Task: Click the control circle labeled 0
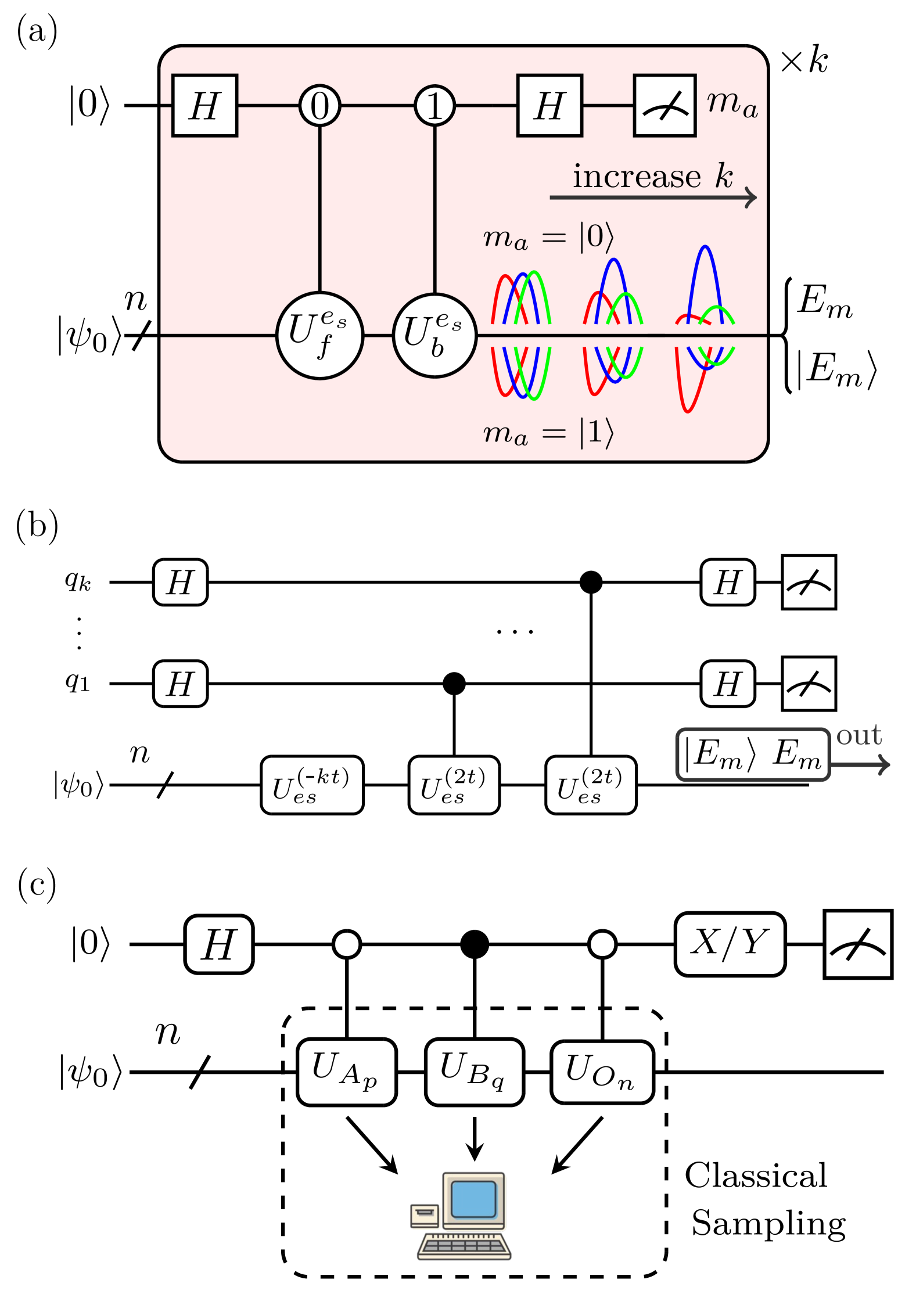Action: tap(319, 106)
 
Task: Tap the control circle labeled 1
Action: tap(434, 106)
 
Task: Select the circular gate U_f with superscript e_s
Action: tap(319, 336)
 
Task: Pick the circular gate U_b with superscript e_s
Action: tap(434, 336)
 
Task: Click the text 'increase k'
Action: tap(652, 176)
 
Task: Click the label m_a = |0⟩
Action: tap(548, 237)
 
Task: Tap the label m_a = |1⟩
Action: tap(548, 433)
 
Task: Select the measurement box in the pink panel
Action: tap(664, 106)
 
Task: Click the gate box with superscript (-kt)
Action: tap(312, 785)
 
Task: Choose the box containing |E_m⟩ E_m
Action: tap(753, 754)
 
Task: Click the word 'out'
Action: tap(858, 736)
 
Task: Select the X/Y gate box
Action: tap(730, 944)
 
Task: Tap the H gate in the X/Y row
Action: tap(219, 944)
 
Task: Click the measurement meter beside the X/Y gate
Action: tap(858, 944)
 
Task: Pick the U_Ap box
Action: tap(346, 1072)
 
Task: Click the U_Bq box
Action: tap(474, 1072)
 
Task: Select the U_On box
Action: tap(602, 1072)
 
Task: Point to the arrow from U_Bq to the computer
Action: tap(475, 1138)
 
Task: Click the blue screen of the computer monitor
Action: tap(473, 1199)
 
